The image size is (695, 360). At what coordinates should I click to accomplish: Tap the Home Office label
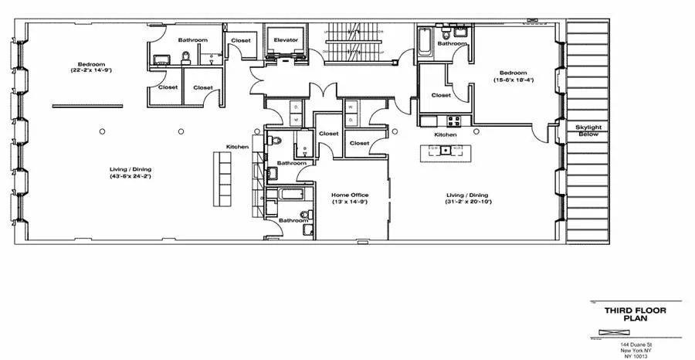point(350,195)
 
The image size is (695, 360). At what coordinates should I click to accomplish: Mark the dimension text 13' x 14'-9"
point(350,202)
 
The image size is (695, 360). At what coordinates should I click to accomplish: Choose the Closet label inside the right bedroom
point(441,95)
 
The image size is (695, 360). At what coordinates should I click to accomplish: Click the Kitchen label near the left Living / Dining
point(237,147)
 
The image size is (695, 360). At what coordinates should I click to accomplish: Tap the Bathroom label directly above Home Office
point(292,163)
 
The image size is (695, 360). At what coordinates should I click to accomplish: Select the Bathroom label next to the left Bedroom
point(193,39)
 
